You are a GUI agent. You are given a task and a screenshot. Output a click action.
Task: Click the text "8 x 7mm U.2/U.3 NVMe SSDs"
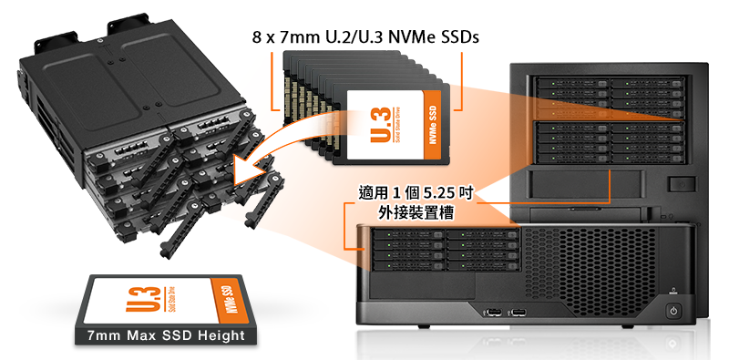[365, 36]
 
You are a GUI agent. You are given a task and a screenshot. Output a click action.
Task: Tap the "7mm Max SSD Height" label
[166, 335]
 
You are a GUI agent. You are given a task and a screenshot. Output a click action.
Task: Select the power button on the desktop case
[673, 310]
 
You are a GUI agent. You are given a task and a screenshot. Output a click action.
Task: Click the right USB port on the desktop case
[518, 312]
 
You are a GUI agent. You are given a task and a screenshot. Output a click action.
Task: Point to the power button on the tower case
[682, 184]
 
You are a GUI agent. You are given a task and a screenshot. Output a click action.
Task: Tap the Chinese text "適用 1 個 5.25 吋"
[416, 193]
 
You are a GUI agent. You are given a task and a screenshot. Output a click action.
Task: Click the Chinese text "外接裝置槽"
[416, 212]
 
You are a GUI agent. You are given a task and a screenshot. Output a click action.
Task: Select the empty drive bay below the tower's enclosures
[586, 185]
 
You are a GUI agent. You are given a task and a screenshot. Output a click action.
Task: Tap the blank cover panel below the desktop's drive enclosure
[423, 285]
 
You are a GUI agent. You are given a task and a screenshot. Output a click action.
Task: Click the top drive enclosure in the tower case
[610, 98]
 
